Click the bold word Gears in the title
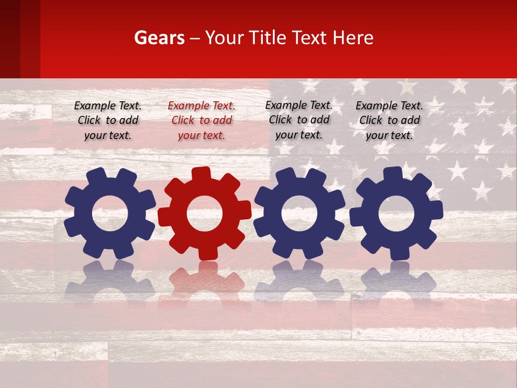pyautogui.click(x=159, y=38)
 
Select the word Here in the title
pyautogui.click(x=353, y=38)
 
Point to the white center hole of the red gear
pyautogui.click(x=205, y=213)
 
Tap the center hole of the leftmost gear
pyautogui.click(x=110, y=213)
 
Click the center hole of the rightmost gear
pyautogui.click(x=396, y=213)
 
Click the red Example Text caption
pyautogui.click(x=201, y=121)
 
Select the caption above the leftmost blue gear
pyautogui.click(x=108, y=121)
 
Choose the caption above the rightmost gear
pyautogui.click(x=389, y=121)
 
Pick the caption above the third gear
pyautogui.click(x=299, y=120)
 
